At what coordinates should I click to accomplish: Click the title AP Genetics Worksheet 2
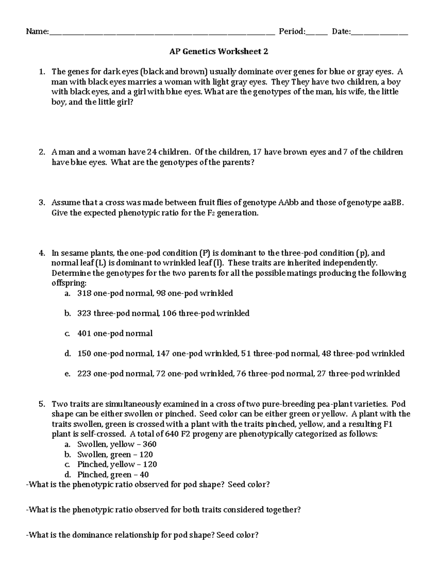tap(219, 51)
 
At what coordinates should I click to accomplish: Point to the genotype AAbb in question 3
tap(288, 203)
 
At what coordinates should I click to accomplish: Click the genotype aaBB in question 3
tap(393, 203)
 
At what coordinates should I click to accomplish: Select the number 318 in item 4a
tap(84, 293)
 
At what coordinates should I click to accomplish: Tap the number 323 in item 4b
tap(84, 313)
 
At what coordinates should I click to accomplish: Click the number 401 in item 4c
tap(84, 333)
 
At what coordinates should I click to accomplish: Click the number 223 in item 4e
tap(84, 373)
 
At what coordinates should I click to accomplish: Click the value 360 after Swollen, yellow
tap(150, 444)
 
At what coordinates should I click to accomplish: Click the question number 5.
tap(42, 404)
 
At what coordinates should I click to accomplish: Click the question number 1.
tap(42, 72)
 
